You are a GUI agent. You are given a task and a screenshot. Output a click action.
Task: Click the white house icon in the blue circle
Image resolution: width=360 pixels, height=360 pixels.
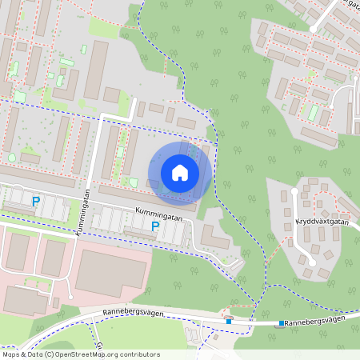click(x=180, y=173)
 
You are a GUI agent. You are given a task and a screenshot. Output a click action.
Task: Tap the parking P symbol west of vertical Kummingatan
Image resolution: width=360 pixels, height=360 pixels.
click(x=35, y=202)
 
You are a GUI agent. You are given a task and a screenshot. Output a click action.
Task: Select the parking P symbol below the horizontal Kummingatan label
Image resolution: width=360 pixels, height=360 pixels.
click(x=155, y=227)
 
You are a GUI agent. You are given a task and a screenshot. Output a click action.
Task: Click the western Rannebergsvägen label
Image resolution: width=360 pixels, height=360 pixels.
click(x=133, y=313)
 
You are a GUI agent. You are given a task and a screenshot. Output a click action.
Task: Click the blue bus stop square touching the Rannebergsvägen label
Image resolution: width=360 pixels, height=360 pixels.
click(x=282, y=324)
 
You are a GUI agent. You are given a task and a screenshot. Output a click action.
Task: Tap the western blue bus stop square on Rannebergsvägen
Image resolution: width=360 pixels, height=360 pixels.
click(x=229, y=321)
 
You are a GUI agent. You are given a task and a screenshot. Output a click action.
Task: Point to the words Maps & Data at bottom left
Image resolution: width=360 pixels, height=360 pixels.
click(x=22, y=354)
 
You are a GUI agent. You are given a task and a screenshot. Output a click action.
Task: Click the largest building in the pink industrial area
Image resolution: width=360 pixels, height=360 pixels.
click(x=111, y=272)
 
